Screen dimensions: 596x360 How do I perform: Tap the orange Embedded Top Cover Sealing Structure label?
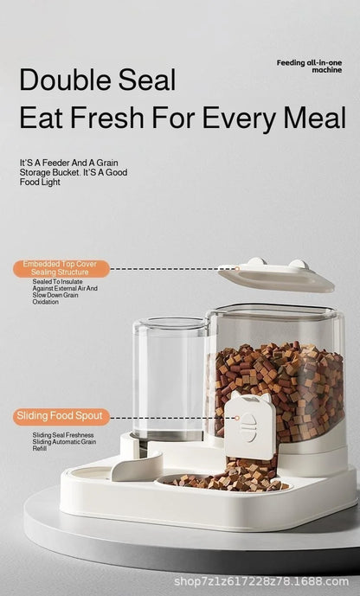pos(61,268)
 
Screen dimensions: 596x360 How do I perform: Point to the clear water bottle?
pos(170,376)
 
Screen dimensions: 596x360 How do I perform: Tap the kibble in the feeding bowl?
pos(227,480)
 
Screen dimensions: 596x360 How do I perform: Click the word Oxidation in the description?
pos(45,302)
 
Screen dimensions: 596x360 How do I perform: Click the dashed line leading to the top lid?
pos(164,268)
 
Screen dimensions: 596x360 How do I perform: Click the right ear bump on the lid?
pos(297,264)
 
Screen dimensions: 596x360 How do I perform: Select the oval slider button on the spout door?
pos(247,427)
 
